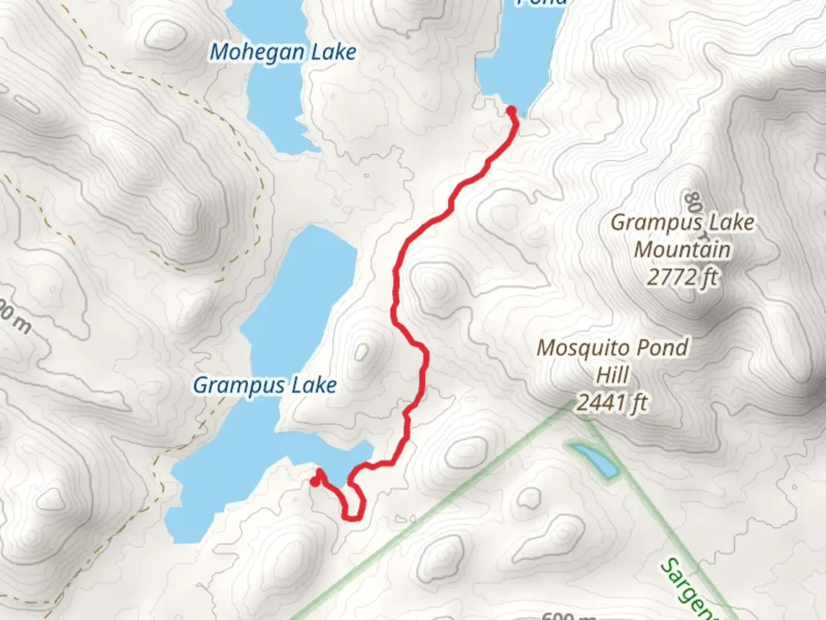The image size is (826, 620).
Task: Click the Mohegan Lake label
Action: (x=283, y=52)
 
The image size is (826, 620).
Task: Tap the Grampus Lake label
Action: (x=264, y=385)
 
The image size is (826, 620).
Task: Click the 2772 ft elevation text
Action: (x=682, y=278)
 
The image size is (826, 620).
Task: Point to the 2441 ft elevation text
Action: (x=612, y=403)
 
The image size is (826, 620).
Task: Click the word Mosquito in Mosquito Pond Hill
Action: (x=576, y=348)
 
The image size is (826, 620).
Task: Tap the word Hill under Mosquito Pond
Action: (x=613, y=375)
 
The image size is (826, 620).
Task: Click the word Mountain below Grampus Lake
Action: (x=682, y=250)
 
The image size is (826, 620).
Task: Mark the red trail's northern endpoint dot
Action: (x=511, y=110)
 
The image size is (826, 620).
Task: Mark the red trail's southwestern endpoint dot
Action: (x=315, y=482)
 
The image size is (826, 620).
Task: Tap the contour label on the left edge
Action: (x=14, y=319)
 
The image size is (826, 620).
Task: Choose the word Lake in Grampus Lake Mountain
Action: (x=730, y=222)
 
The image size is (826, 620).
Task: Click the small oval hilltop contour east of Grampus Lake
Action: (x=361, y=351)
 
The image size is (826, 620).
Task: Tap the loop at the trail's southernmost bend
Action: (x=354, y=505)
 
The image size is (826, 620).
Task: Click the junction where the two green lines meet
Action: (x=576, y=409)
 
